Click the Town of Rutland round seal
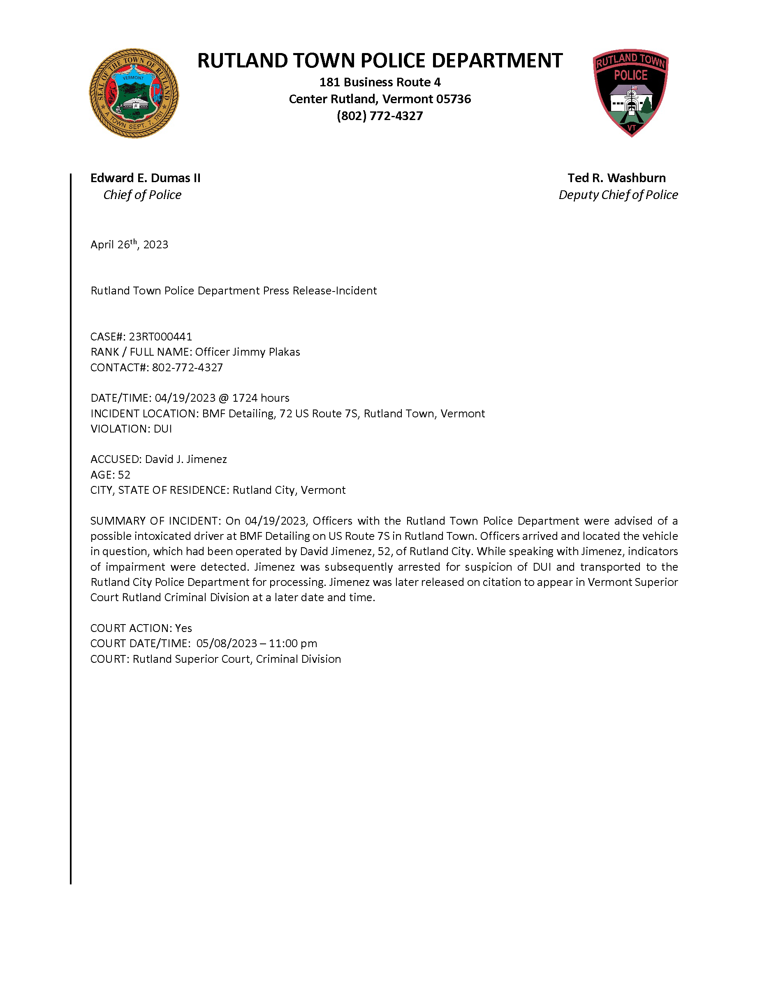point(134,93)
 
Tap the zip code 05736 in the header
point(453,99)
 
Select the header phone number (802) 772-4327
point(380,116)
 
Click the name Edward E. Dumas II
point(145,178)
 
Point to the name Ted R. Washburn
point(616,178)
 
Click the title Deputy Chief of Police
point(618,195)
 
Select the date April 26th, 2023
point(129,245)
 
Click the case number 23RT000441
point(160,337)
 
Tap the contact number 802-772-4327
point(187,368)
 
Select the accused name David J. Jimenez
point(186,459)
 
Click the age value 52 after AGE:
point(124,475)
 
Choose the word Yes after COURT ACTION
point(183,628)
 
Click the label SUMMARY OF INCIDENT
point(155,521)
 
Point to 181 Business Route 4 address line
point(380,83)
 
